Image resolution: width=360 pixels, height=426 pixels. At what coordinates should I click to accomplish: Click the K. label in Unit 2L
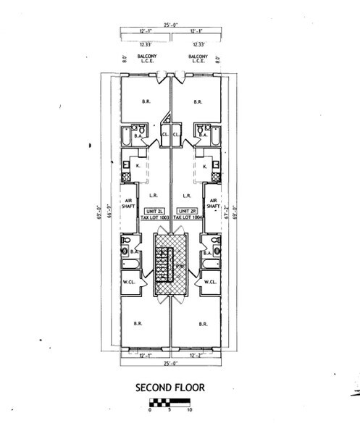pos(138,167)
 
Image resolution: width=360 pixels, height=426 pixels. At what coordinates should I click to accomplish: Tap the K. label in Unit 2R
pos(205,167)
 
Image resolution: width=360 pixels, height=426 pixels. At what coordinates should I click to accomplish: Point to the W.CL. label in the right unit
pos(211,282)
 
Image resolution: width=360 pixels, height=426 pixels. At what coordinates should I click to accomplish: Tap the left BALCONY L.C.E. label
pos(143,58)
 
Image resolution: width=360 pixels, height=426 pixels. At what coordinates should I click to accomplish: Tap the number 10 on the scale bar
pos(189,410)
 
